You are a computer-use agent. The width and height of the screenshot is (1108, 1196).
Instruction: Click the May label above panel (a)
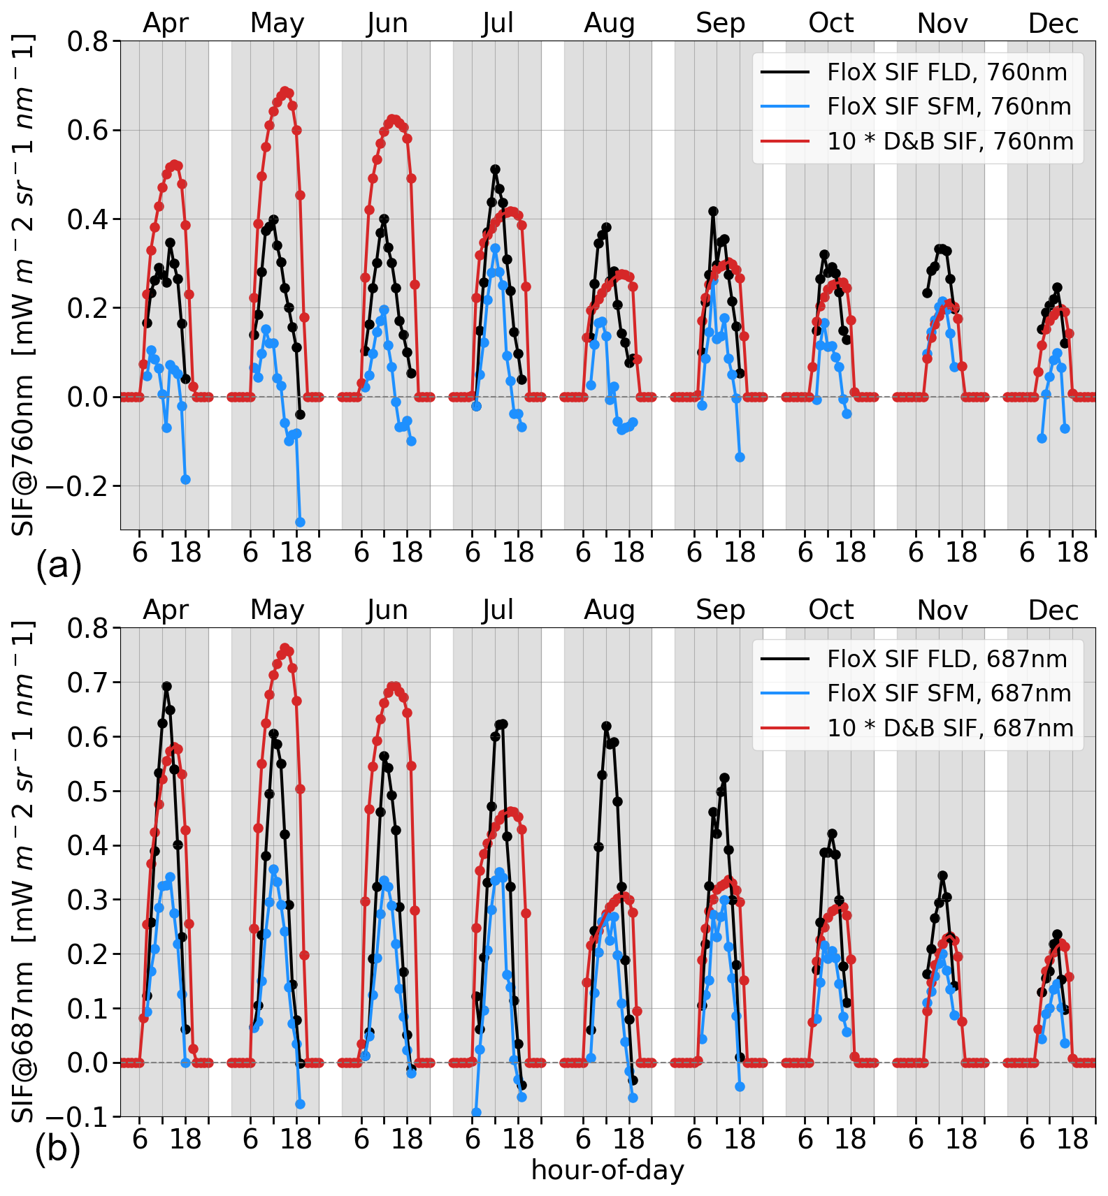coord(277,24)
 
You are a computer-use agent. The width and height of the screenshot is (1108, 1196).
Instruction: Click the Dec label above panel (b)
coord(1053,611)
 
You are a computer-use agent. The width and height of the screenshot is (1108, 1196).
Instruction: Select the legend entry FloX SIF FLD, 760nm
coord(947,72)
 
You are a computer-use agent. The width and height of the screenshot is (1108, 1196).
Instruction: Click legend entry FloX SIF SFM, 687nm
coord(948,693)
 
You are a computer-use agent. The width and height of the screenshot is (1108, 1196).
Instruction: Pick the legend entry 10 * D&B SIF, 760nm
coord(949,141)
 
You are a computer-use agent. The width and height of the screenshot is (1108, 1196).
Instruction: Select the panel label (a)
coord(59,564)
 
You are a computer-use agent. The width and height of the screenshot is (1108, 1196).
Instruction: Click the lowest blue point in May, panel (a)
coord(300,522)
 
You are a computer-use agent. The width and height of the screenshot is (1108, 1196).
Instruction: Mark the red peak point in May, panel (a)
coord(285,91)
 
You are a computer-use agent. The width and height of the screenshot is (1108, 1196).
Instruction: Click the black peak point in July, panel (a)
coord(495,169)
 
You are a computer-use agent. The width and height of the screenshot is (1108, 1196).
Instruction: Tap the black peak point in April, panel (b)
coord(166,687)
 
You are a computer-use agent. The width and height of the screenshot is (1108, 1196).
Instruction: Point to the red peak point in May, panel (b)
coord(285,648)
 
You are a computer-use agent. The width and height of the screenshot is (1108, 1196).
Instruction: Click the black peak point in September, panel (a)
coord(713,211)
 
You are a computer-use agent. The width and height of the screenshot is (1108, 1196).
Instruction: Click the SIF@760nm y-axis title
coord(24,286)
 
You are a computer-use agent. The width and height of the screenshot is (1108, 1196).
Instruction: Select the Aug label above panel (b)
coord(609,611)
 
